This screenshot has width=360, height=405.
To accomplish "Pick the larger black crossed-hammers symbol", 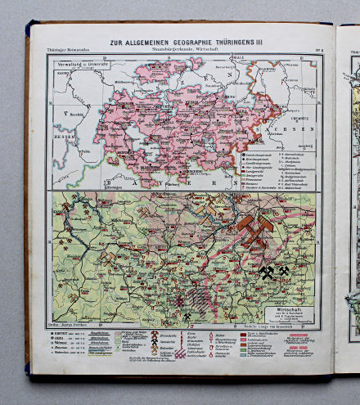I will click(x=267, y=272).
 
